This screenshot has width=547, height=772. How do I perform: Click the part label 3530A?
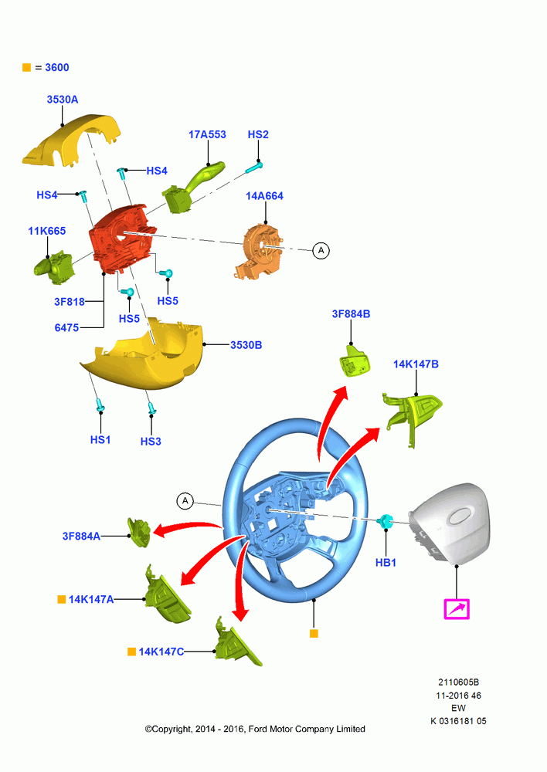63,100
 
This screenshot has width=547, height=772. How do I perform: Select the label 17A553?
208,134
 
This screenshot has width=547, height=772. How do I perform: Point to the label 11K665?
47,231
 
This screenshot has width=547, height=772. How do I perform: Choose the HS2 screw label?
258,134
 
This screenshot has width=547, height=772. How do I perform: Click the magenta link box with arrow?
457,609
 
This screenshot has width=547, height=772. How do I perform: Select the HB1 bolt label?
386,562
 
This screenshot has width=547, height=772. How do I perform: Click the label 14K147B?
416,364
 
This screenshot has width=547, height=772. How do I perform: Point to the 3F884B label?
351,314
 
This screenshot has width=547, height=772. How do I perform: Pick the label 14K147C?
161,652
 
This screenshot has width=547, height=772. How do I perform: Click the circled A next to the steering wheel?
185,501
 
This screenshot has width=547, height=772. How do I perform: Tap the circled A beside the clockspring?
321,251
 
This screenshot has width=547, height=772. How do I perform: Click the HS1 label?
100,440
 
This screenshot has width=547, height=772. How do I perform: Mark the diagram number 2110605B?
459,682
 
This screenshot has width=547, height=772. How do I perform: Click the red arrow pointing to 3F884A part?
187,528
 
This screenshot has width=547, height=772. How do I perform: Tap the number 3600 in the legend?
57,67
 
